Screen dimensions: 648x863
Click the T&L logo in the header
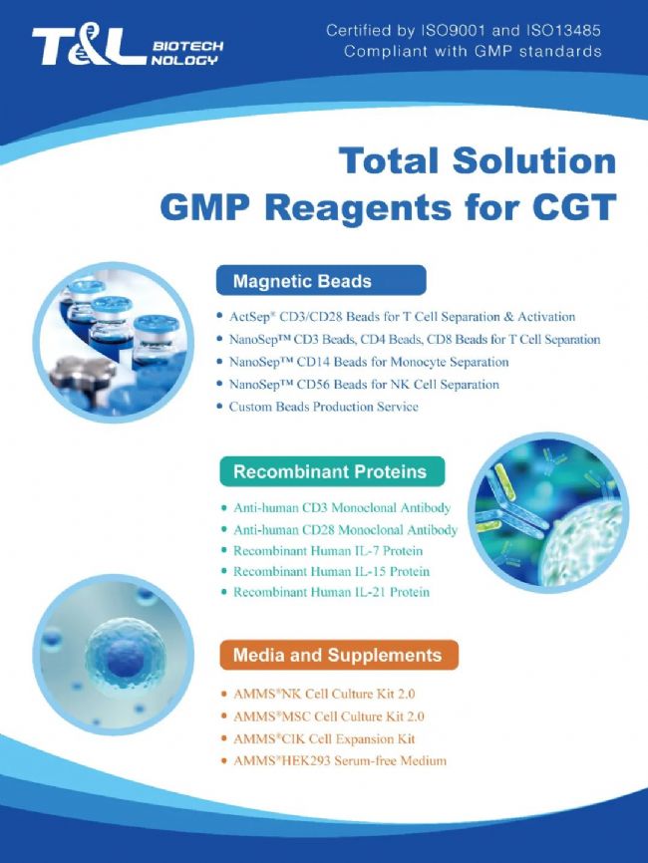coord(128,47)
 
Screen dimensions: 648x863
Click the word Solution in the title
coord(534,161)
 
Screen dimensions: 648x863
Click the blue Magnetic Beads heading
coord(321,281)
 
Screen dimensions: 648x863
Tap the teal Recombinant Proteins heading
coord(332,471)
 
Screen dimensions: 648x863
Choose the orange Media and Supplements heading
coord(339,655)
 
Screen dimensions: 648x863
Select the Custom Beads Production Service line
coord(324,407)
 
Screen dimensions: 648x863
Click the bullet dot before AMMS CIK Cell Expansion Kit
coord(224,738)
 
